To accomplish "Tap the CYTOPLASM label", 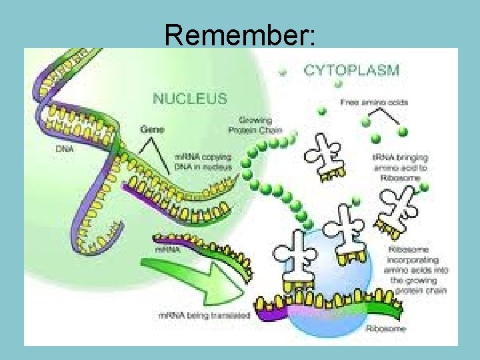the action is click(351, 69).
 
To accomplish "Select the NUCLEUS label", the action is click(189, 98).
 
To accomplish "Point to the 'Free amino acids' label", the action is click(374, 102).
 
